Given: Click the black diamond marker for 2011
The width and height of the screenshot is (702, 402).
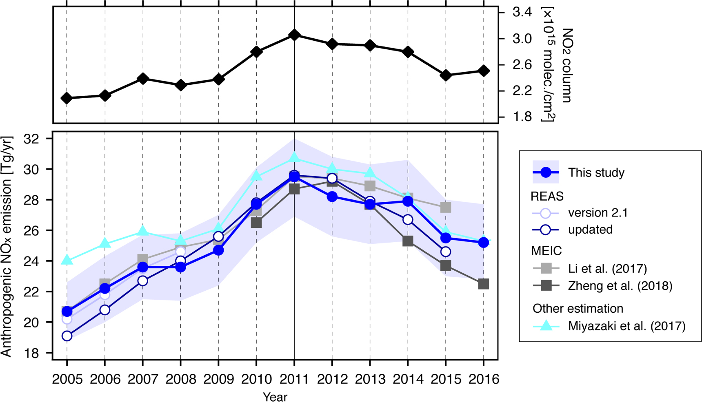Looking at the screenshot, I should [x=294, y=35].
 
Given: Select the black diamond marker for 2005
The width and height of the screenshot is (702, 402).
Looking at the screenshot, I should [x=67, y=98].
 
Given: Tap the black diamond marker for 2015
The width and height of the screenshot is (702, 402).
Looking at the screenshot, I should [x=446, y=75].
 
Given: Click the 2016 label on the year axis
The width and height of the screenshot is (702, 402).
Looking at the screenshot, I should [x=484, y=379].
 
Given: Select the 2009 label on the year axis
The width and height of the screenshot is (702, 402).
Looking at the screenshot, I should [x=218, y=379].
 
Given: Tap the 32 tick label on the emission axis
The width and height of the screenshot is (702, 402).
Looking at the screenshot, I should [x=32, y=139].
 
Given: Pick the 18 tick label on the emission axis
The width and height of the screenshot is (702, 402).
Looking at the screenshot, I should [x=32, y=353].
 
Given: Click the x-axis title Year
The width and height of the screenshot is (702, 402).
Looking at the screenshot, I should [x=275, y=397].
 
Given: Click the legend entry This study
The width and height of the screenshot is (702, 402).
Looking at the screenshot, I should [x=596, y=172].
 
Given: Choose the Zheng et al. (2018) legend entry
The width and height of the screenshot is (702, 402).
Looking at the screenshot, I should [x=620, y=285].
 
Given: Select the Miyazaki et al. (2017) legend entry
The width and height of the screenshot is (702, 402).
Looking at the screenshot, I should [x=626, y=326].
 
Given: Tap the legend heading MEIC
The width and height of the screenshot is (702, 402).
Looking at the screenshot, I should [x=546, y=251].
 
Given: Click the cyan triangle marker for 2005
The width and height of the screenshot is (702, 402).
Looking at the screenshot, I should [x=67, y=260].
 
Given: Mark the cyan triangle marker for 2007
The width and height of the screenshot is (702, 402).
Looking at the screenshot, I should [x=143, y=231].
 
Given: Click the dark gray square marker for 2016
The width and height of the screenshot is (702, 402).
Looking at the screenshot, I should [x=484, y=284].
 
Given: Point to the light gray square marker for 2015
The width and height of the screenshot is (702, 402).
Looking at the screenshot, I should [x=446, y=207].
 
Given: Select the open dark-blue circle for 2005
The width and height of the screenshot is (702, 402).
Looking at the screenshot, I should [x=67, y=336].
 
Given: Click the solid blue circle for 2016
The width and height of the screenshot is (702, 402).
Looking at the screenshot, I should [x=484, y=243].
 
